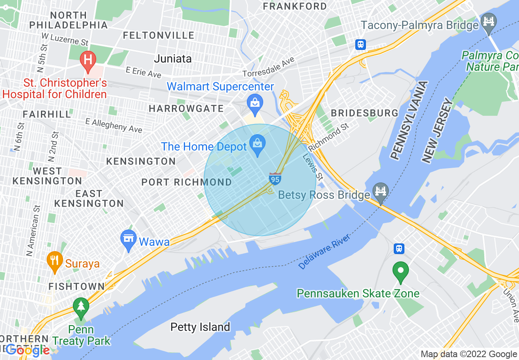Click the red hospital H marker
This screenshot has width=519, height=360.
click(88, 60)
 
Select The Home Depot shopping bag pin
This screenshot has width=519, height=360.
click(257, 144)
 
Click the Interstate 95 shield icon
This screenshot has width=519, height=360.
click(275, 179)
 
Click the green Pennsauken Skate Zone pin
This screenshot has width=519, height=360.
click(401, 271)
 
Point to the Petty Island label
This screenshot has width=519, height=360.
click(200, 327)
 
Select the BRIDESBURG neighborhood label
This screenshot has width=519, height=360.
click(364, 113)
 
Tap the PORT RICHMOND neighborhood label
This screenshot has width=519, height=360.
click(187, 182)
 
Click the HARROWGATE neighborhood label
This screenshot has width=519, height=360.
click(186, 109)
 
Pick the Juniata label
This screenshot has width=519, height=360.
click(173, 59)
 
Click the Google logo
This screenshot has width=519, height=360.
click(28, 350)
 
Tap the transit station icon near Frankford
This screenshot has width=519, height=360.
click(360, 44)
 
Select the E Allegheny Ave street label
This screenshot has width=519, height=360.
click(113, 126)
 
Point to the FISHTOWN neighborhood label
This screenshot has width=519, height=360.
click(77, 286)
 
